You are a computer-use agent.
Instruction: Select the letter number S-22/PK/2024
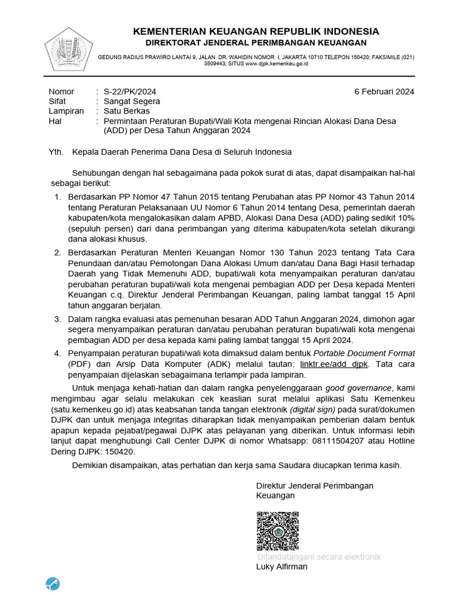click(130, 91)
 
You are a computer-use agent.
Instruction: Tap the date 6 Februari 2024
click(384, 91)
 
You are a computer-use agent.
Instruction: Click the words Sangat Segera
click(131, 101)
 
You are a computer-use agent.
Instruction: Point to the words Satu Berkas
click(127, 111)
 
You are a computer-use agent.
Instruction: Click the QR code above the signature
click(277, 531)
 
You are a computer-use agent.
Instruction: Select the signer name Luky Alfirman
click(281, 567)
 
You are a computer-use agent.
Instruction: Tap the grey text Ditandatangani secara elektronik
click(319, 556)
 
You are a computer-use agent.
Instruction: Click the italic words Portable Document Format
click(365, 354)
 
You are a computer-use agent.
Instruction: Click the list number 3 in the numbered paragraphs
click(57, 320)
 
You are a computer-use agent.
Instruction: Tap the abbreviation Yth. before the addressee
click(56, 152)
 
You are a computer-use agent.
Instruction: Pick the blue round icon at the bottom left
click(53, 584)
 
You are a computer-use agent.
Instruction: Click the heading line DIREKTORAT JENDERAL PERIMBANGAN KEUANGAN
click(256, 42)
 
